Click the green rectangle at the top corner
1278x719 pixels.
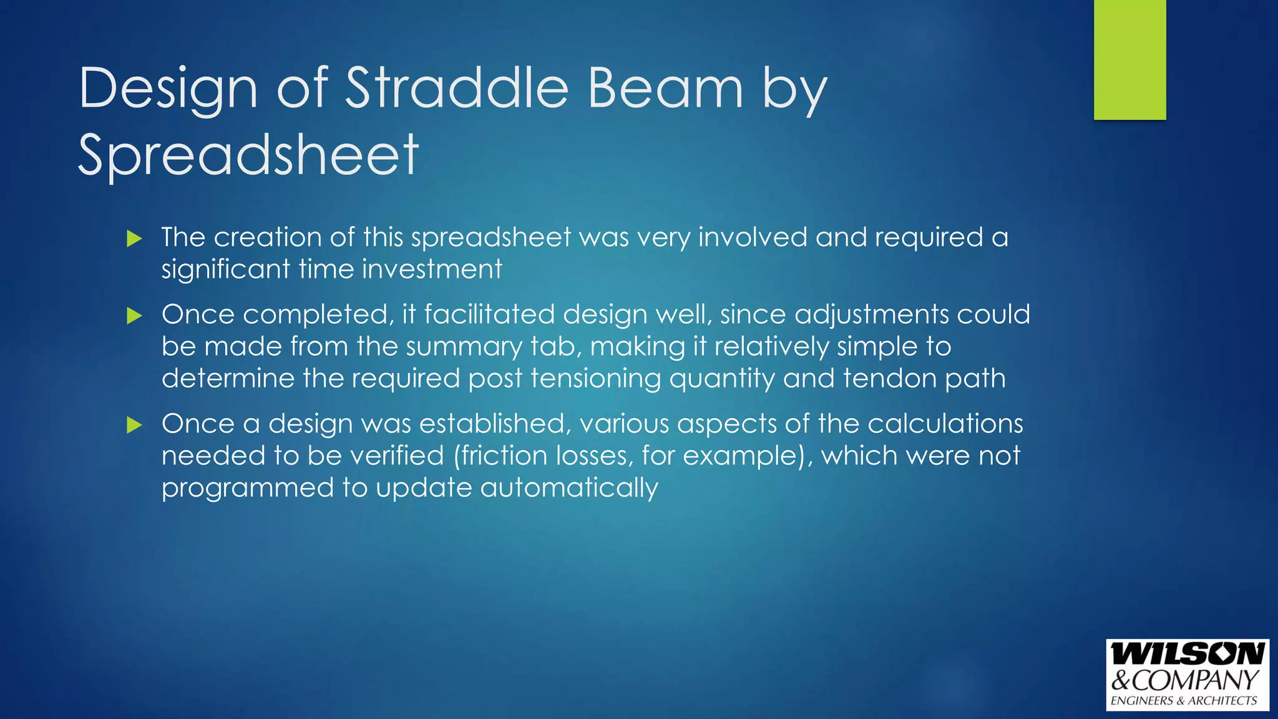pyautogui.click(x=1129, y=59)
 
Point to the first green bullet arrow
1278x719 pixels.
pyautogui.click(x=134, y=238)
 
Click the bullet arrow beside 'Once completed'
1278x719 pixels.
pyautogui.click(x=134, y=316)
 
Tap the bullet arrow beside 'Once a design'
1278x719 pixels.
pyautogui.click(x=134, y=426)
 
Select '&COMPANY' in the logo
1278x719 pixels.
pyautogui.click(x=1185, y=680)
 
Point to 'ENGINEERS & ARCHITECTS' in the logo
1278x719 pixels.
pyautogui.click(x=1184, y=701)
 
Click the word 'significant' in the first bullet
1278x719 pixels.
pyautogui.click(x=226, y=270)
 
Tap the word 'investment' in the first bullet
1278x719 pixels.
pyautogui.click(x=432, y=270)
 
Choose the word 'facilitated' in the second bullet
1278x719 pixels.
pyautogui.click(x=489, y=315)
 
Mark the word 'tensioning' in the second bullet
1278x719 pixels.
pyautogui.click(x=596, y=379)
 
